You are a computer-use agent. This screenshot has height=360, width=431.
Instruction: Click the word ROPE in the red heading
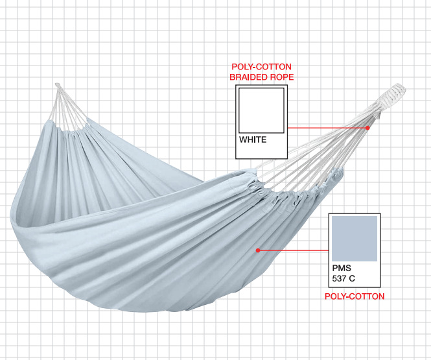pos(283,77)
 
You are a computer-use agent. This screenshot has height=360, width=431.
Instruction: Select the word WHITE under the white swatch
pos(253,139)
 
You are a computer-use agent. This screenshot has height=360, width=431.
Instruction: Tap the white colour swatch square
pos(261,110)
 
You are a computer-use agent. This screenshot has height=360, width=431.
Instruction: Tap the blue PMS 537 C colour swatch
pos(354,239)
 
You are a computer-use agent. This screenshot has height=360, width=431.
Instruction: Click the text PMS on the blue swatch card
pos(340,268)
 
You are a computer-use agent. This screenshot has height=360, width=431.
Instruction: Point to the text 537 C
pos(344,279)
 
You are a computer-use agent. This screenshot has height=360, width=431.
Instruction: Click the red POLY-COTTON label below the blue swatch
pos(354,296)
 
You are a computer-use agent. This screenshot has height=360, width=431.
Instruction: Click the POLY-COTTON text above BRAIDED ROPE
pos(261,67)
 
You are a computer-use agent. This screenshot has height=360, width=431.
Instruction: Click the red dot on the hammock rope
pos(367,128)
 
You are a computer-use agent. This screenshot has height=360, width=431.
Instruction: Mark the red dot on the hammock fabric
pos(258,250)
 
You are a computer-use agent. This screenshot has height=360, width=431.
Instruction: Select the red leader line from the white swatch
pos(327,128)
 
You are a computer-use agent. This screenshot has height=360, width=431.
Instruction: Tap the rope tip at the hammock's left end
pos(57,84)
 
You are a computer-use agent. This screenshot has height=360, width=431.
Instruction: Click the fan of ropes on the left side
pos(68,107)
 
